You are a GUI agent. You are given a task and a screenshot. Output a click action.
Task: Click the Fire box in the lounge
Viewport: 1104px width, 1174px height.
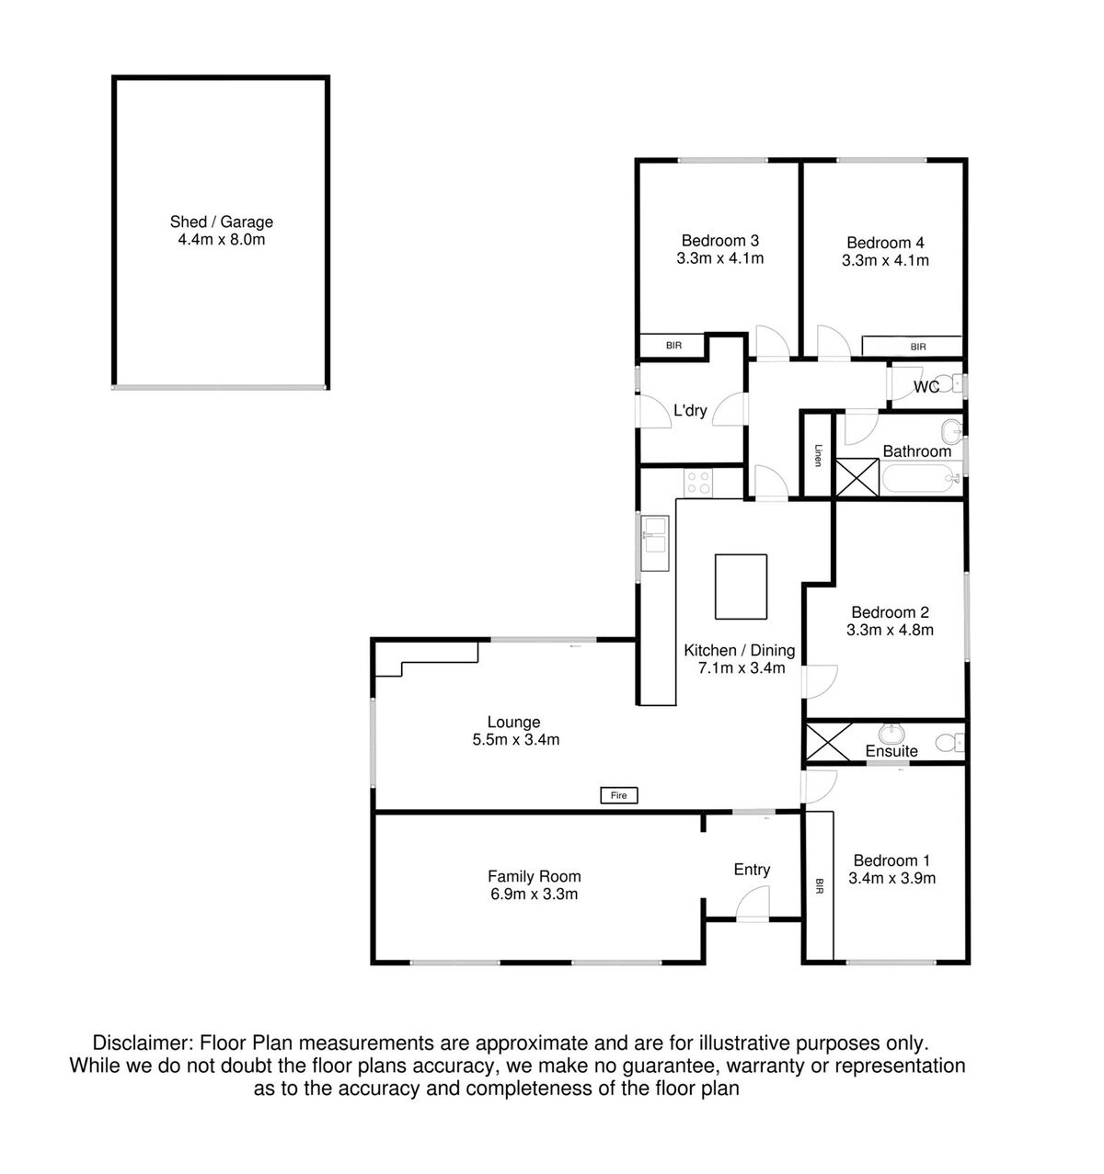(618, 795)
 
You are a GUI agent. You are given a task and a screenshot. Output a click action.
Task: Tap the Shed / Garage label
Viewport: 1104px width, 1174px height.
(222, 222)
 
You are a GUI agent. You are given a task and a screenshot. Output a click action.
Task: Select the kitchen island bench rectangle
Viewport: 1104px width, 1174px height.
(741, 587)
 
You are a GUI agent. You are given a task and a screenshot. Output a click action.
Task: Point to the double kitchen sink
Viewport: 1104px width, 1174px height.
(655, 542)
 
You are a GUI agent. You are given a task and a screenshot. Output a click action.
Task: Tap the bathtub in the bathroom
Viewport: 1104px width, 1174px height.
(921, 479)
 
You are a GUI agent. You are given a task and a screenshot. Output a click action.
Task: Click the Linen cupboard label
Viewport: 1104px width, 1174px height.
(818, 455)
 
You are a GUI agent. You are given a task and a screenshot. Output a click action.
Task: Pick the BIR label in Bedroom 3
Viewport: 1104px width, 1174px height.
(673, 346)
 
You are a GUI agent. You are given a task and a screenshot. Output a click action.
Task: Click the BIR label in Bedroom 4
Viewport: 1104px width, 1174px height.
(917, 347)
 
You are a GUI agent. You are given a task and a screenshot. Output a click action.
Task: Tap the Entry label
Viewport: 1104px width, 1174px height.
(752, 870)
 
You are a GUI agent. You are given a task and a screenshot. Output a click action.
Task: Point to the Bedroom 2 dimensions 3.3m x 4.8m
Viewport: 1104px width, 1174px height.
(890, 630)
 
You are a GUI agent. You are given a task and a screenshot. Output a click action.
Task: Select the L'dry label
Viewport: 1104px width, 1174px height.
(690, 410)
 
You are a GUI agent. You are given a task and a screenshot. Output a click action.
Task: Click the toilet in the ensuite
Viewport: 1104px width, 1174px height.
(950, 741)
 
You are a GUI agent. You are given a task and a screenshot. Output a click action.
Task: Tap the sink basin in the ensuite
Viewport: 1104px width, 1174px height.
(890, 735)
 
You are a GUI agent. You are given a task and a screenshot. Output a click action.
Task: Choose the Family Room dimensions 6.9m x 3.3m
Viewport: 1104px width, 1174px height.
(534, 895)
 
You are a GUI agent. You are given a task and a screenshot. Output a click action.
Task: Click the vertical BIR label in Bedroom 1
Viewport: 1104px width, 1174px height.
(820, 885)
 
